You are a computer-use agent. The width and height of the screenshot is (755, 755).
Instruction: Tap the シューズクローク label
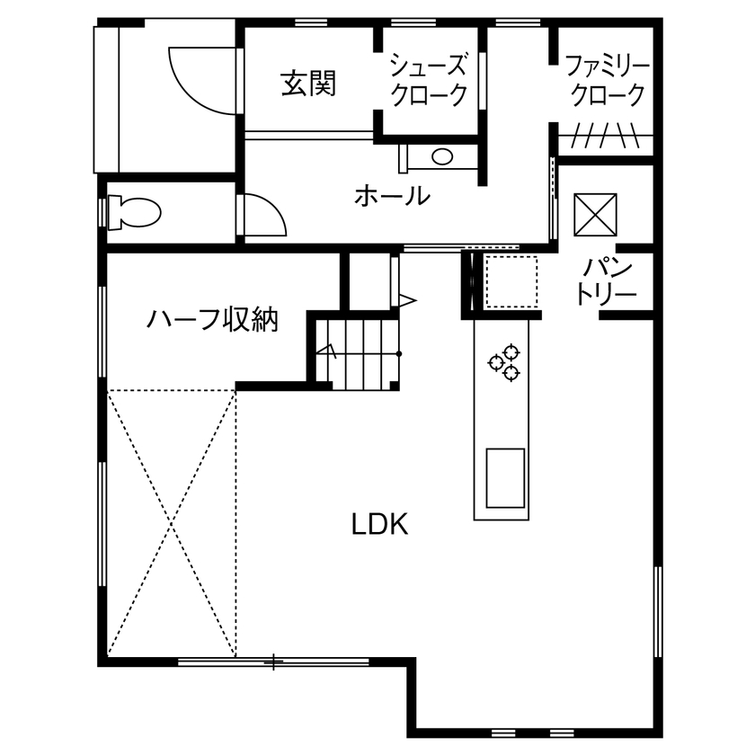coord(429,79)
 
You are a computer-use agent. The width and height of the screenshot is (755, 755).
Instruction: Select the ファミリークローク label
coord(608,79)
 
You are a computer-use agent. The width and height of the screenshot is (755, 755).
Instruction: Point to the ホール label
coord(392,194)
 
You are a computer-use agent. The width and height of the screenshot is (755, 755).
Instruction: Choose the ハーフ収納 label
coord(213,319)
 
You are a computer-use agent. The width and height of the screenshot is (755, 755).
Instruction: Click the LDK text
coord(379,525)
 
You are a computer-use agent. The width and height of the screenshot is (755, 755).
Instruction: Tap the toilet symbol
coord(133,213)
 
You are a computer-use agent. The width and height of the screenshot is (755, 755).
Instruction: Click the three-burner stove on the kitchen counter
coord(504,360)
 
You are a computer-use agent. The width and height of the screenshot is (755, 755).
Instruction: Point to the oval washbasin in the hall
coord(442,157)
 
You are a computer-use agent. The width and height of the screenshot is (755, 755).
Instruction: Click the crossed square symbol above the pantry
coord(592,214)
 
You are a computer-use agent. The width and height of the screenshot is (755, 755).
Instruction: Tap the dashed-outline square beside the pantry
coord(510,281)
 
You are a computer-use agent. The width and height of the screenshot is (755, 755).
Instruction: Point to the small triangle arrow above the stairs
coord(407,298)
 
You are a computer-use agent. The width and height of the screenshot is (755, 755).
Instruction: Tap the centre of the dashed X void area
coord(171,521)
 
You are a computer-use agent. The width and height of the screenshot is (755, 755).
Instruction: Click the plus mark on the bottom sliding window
coord(274,663)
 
